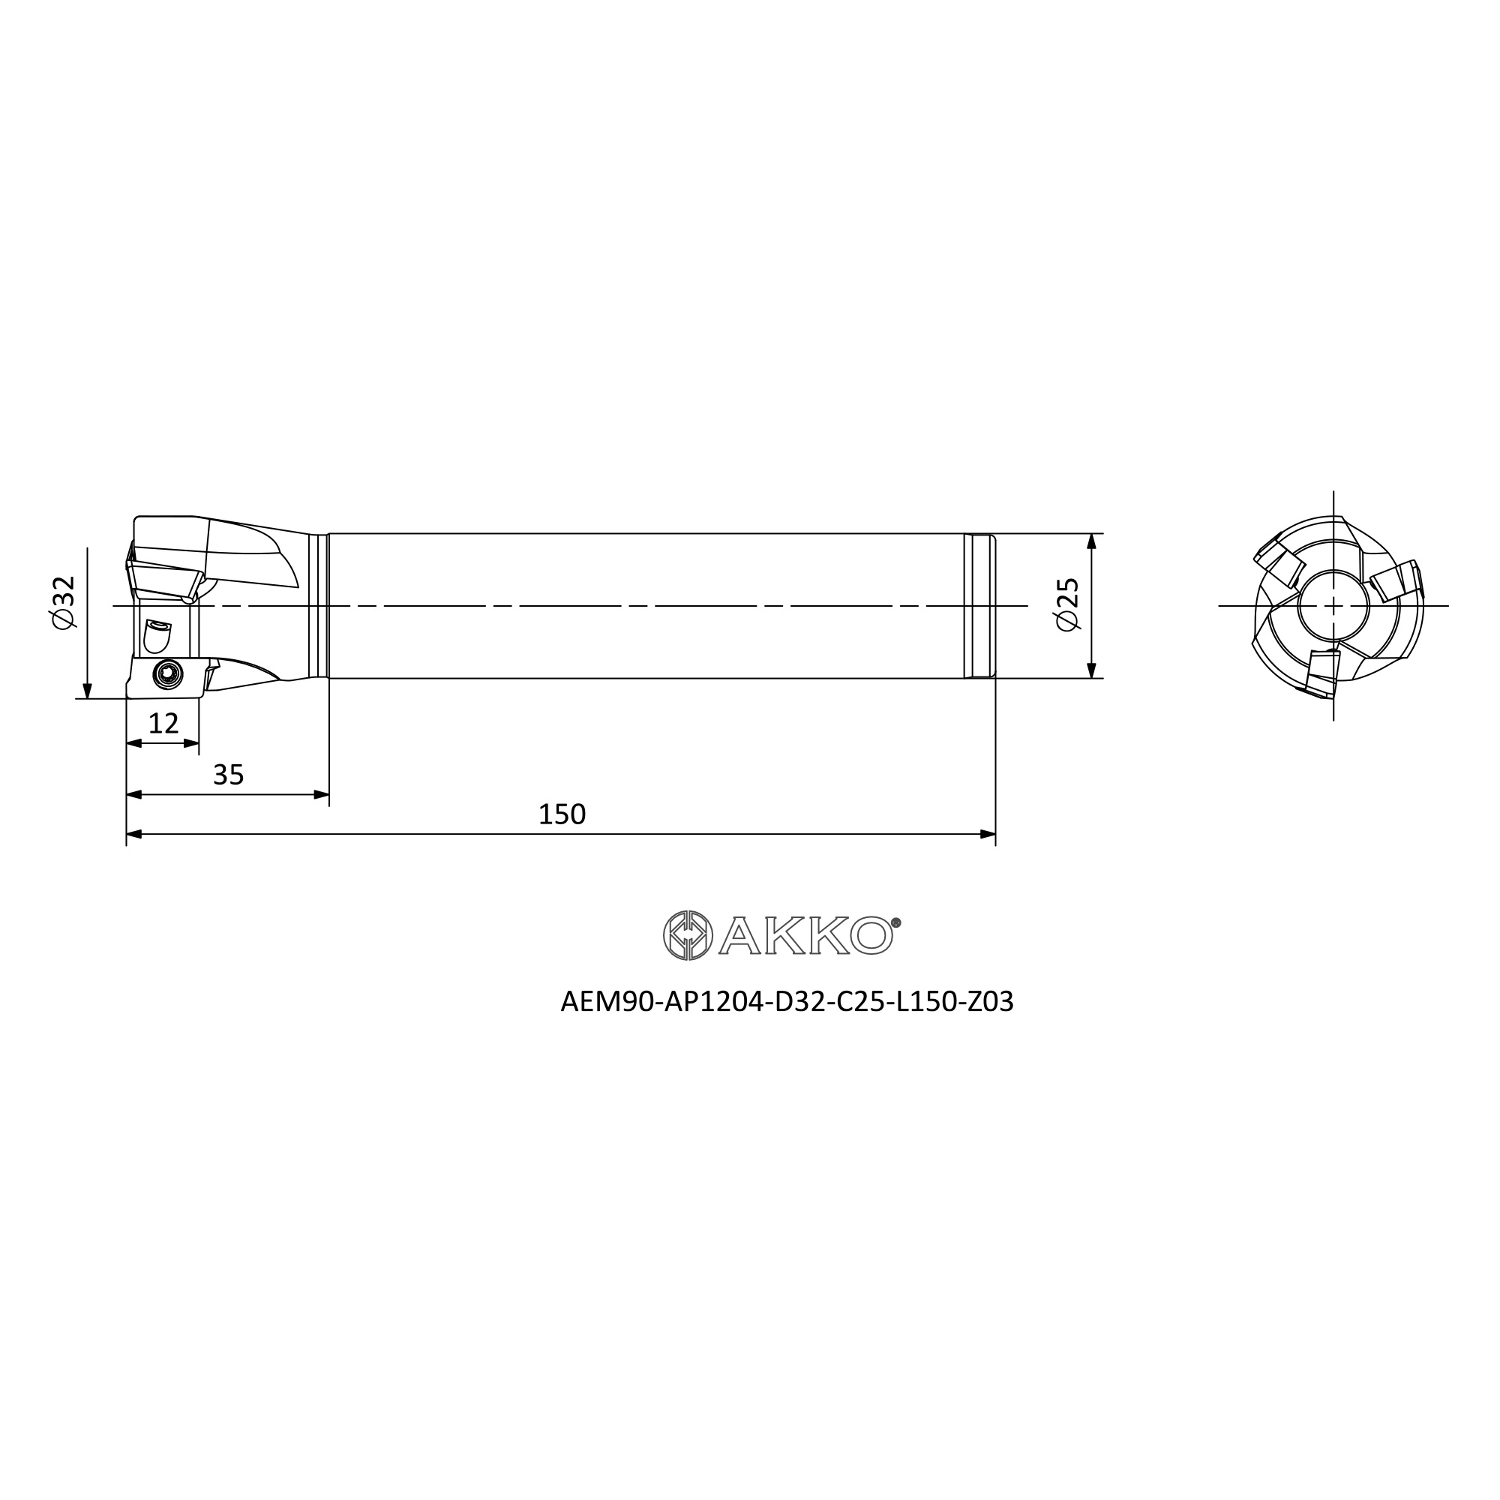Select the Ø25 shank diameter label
pyautogui.click(x=1068, y=604)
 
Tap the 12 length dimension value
pyautogui.click(x=163, y=724)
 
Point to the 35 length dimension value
pyautogui.click(x=228, y=775)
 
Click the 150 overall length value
pyautogui.click(x=561, y=814)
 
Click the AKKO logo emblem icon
pyautogui.click(x=688, y=934)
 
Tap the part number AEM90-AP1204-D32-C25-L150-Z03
pyautogui.click(x=787, y=1002)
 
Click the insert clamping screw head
pyautogui.click(x=166, y=674)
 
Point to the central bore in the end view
pyautogui.click(x=1333, y=605)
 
